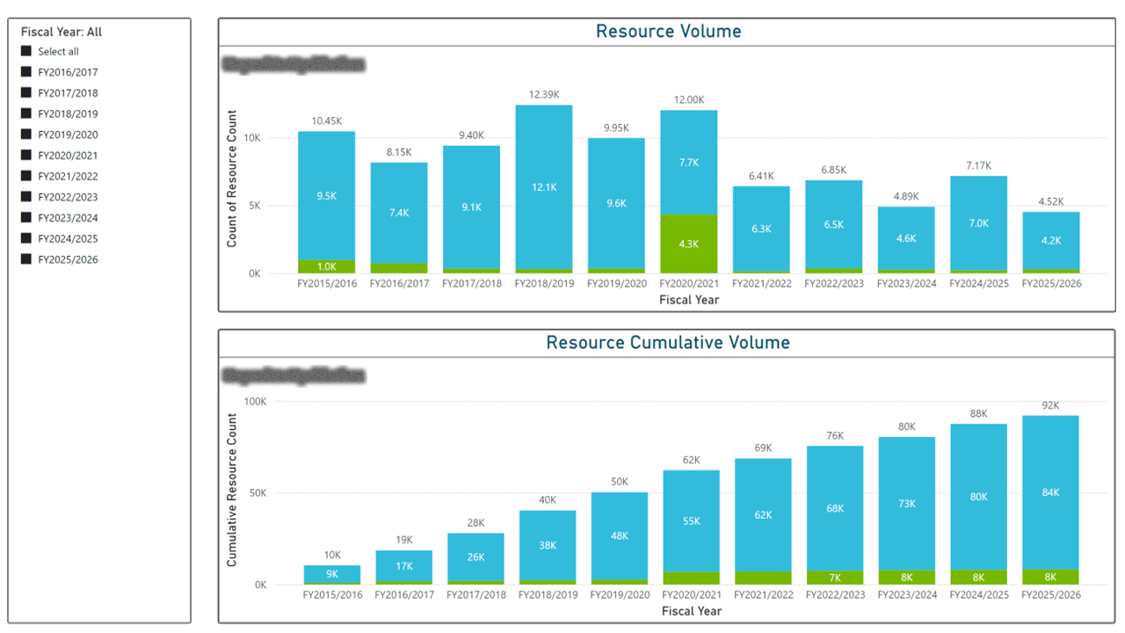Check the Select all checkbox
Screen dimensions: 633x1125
pyautogui.click(x=26, y=52)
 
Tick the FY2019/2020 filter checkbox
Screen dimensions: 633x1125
pyautogui.click(x=26, y=135)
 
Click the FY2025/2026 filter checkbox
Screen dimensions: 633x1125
pyautogui.click(x=26, y=259)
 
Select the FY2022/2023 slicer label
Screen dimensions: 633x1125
pyautogui.click(x=68, y=197)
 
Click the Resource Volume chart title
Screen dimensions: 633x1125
pyautogui.click(x=668, y=32)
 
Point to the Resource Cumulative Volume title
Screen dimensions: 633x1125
pyautogui.click(x=668, y=343)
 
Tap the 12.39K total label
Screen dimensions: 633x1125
pyautogui.click(x=543, y=94)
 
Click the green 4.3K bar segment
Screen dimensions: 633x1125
pyautogui.click(x=688, y=244)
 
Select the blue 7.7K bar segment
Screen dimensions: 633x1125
pyautogui.click(x=688, y=163)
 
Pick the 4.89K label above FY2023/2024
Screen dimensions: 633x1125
pyautogui.click(x=906, y=196)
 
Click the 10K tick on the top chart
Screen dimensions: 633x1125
pyautogui.click(x=252, y=139)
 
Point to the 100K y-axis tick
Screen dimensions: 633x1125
pyautogui.click(x=255, y=402)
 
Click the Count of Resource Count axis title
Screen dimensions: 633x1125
pyautogui.click(x=232, y=178)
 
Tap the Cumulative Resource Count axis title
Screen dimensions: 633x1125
pyautogui.click(x=232, y=490)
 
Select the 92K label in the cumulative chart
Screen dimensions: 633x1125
pyautogui.click(x=1050, y=406)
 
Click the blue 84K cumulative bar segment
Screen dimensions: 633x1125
pyautogui.click(x=1050, y=492)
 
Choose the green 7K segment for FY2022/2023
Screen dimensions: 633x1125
pyautogui.click(x=834, y=578)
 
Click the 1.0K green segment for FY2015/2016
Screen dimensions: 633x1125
pyautogui.click(x=326, y=266)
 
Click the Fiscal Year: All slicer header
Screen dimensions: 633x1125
pyautogui.click(x=62, y=33)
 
